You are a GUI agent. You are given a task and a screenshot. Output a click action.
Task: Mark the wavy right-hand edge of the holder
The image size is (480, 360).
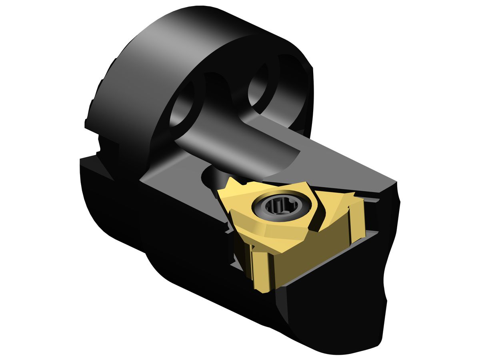pos(390,260)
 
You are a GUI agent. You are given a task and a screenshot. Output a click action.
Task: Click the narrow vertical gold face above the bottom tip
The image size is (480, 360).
pos(260,268)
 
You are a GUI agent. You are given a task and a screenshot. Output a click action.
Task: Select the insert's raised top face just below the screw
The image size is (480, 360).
pos(280,232)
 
